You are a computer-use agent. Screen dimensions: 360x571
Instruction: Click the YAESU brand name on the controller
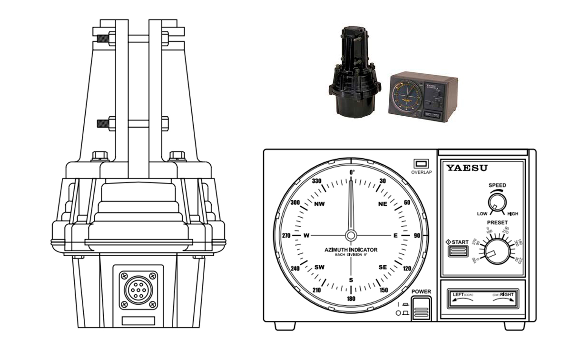pyautogui.click(x=467, y=168)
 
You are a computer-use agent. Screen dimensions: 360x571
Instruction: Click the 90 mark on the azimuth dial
pyautogui.click(x=417, y=235)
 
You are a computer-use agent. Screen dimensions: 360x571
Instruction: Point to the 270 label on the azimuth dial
pyautogui.click(x=286, y=235)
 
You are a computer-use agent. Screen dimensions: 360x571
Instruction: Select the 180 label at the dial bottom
pyautogui.click(x=351, y=299)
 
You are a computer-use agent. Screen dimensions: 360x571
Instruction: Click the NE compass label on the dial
pyautogui.click(x=383, y=204)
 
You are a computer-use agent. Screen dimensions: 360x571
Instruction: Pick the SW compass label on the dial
pyautogui.click(x=319, y=267)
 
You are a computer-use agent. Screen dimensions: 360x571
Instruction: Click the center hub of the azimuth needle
pyautogui.click(x=351, y=235)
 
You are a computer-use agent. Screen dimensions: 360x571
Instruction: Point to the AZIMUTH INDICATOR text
pyautogui.click(x=351, y=250)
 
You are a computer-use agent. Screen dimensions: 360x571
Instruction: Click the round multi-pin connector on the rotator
pyautogui.click(x=138, y=289)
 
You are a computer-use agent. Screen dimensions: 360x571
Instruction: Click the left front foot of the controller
pyautogui.click(x=285, y=326)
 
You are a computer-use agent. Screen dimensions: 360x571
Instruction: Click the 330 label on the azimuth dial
pyautogui.click(x=318, y=181)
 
